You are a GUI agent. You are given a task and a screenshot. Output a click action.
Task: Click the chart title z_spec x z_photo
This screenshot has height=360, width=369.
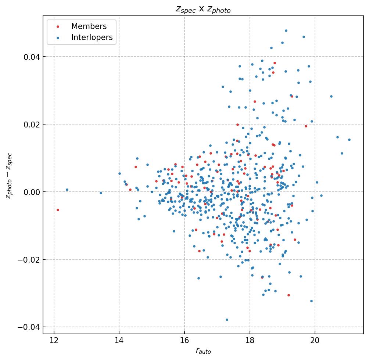point(203,10)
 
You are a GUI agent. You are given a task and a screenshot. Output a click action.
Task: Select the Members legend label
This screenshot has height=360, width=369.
point(89,26)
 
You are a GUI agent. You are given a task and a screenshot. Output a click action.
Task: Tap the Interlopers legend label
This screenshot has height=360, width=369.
point(92,37)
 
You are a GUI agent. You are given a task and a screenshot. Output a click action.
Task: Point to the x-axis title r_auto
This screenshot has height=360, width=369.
point(203,351)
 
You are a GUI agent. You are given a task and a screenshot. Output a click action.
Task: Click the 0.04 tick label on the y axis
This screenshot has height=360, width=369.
point(32,57)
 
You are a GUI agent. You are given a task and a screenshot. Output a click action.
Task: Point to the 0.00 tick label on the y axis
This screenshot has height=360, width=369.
point(32,192)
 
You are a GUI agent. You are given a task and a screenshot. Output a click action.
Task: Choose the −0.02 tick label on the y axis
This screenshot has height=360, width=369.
point(30,260)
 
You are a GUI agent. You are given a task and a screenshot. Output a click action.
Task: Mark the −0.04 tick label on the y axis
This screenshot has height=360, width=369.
point(30,327)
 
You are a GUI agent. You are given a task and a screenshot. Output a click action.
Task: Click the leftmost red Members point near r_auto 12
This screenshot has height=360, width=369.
point(58,210)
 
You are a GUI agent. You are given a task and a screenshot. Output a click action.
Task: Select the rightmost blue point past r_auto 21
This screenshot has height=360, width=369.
point(349,140)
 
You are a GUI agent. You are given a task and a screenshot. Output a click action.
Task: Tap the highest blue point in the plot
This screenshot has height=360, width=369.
point(286,30)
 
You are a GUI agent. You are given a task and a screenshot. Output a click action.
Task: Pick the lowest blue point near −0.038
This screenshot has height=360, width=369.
point(227,320)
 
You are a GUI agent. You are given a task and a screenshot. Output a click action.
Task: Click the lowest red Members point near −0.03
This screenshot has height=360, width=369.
point(289,295)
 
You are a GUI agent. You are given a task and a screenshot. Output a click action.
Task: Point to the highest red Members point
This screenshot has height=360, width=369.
point(275,63)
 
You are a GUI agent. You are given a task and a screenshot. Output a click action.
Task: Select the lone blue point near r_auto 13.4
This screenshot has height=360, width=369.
point(101,193)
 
